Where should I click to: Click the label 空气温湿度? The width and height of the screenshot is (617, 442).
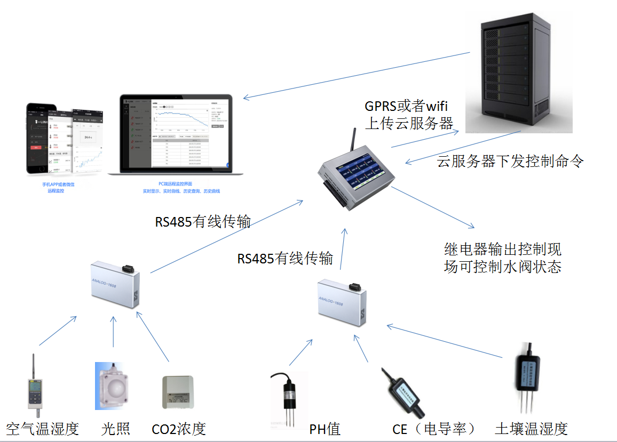pyautogui.click(x=43, y=429)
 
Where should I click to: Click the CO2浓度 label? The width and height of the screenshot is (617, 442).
pyautogui.click(x=179, y=429)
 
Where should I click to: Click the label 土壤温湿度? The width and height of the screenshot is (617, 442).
pyautogui.click(x=531, y=429)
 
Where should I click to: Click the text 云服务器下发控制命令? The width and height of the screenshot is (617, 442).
pyautogui.click(x=510, y=161)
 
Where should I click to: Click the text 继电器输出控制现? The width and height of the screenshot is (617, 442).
pyautogui.click(x=502, y=249)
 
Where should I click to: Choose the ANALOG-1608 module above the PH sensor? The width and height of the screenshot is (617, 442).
pyautogui.click(x=342, y=301)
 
